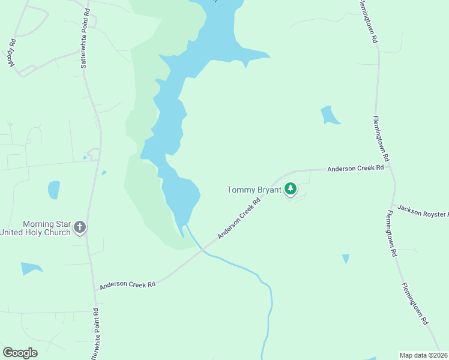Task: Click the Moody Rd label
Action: click(11, 53)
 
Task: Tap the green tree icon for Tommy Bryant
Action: click(291, 190)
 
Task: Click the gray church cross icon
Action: click(80, 228)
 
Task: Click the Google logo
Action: click(20, 353)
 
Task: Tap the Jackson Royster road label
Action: click(422, 213)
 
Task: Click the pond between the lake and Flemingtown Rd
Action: click(329, 115)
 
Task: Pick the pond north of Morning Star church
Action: click(54, 190)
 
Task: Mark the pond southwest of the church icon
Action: click(30, 268)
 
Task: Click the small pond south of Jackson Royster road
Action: click(345, 259)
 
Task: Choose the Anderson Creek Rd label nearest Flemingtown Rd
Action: click(355, 169)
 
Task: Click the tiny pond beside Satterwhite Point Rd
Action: click(104, 173)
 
